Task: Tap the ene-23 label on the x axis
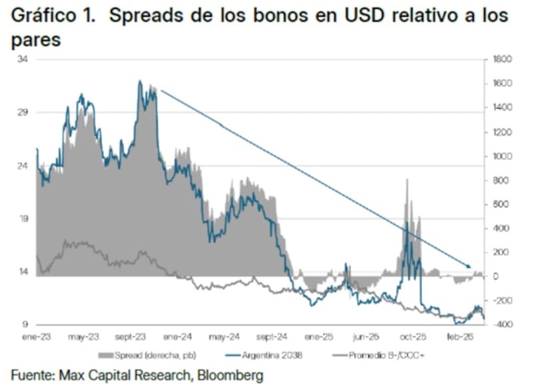38,337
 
